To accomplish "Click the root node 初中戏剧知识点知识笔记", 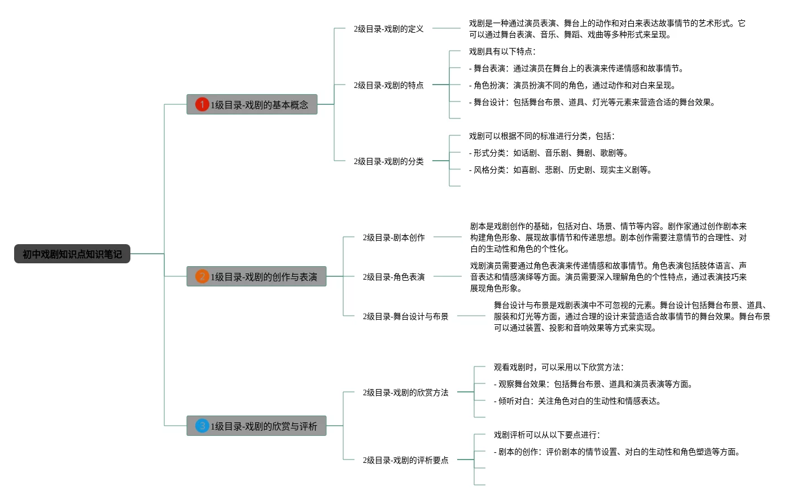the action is [x=72, y=254].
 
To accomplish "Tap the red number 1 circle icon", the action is [x=202, y=104].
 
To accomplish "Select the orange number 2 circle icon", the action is [x=202, y=276].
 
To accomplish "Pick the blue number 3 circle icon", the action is [x=202, y=426].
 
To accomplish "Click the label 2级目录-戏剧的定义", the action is [x=388, y=29].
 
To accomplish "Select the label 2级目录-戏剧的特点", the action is [x=388, y=85].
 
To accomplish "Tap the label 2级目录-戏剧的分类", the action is [x=388, y=161].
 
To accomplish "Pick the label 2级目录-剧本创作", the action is [x=393, y=237].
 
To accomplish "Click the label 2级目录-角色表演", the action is [x=393, y=277].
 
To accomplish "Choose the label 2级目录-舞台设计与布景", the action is [x=405, y=316].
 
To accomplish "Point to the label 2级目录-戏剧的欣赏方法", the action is [x=405, y=392].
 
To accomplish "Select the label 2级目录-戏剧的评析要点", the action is [x=405, y=460].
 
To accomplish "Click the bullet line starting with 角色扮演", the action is [x=572, y=85].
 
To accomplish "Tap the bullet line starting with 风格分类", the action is [x=560, y=170].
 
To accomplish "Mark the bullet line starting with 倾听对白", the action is [x=577, y=401].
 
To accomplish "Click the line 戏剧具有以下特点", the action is [x=502, y=51].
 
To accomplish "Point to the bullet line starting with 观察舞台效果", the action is [x=593, y=384].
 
